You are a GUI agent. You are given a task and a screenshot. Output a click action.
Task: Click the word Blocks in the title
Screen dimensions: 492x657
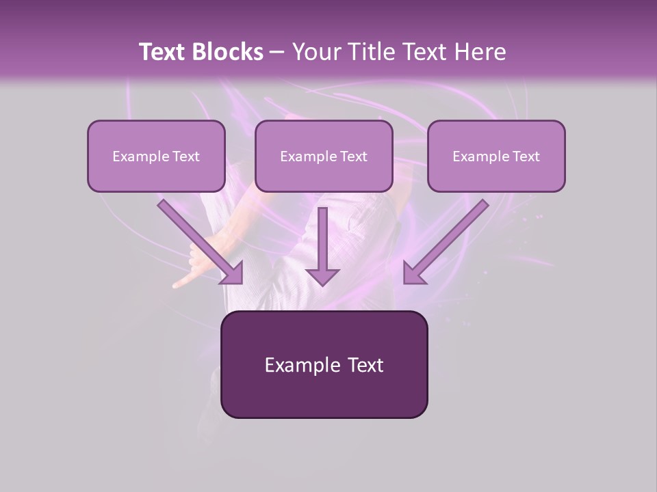[x=228, y=52]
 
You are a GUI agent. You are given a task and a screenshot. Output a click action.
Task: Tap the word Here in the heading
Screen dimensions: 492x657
[x=481, y=52]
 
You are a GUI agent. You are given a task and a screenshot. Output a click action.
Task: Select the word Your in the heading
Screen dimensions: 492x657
[x=313, y=52]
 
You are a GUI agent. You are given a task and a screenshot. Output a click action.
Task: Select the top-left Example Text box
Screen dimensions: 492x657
[x=156, y=156]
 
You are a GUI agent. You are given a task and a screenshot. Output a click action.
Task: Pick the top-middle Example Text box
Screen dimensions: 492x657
[x=324, y=156]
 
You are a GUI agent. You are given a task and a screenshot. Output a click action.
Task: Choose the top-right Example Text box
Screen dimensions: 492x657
[x=496, y=156]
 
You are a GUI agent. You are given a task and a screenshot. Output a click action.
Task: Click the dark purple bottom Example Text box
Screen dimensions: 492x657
[x=324, y=364]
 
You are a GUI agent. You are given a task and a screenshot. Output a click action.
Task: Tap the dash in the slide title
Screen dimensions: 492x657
[x=276, y=52]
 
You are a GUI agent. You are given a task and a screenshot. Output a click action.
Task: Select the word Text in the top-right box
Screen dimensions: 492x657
[x=526, y=156]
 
